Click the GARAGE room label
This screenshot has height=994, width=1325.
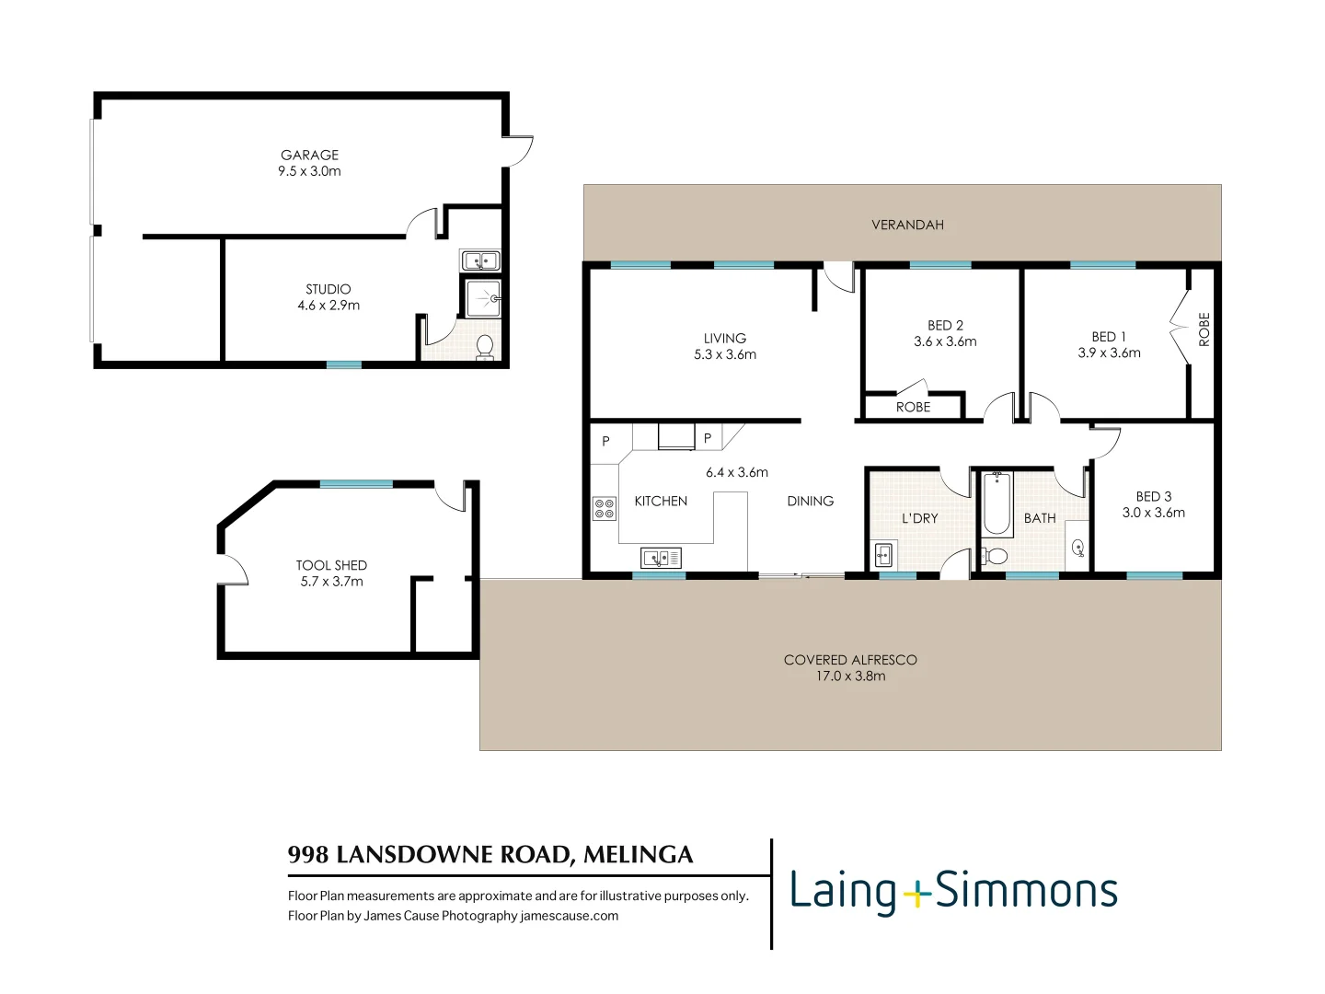click(x=309, y=156)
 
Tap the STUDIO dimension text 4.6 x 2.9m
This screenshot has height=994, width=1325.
click(x=328, y=306)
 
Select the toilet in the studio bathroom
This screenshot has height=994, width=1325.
click(x=484, y=346)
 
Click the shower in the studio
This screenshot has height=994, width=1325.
click(x=483, y=298)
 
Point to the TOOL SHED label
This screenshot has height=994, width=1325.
click(x=331, y=565)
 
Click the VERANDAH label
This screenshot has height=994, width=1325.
click(x=907, y=225)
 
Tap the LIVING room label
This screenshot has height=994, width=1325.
click(x=725, y=339)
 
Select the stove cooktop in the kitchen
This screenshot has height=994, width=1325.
click(x=604, y=508)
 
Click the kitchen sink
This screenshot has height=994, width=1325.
click(x=661, y=557)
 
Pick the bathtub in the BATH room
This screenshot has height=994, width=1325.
click(x=997, y=503)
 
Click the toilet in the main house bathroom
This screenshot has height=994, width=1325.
click(x=994, y=557)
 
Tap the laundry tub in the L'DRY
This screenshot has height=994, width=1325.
click(x=883, y=555)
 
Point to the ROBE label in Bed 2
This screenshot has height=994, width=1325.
click(x=913, y=407)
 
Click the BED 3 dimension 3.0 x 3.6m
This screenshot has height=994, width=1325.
click(x=1154, y=513)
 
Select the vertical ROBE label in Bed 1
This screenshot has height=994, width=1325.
click(x=1204, y=329)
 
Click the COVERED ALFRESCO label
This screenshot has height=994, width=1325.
click(x=850, y=660)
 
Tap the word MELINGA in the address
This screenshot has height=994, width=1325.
click(x=638, y=855)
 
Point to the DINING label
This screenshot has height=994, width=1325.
click(x=810, y=502)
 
